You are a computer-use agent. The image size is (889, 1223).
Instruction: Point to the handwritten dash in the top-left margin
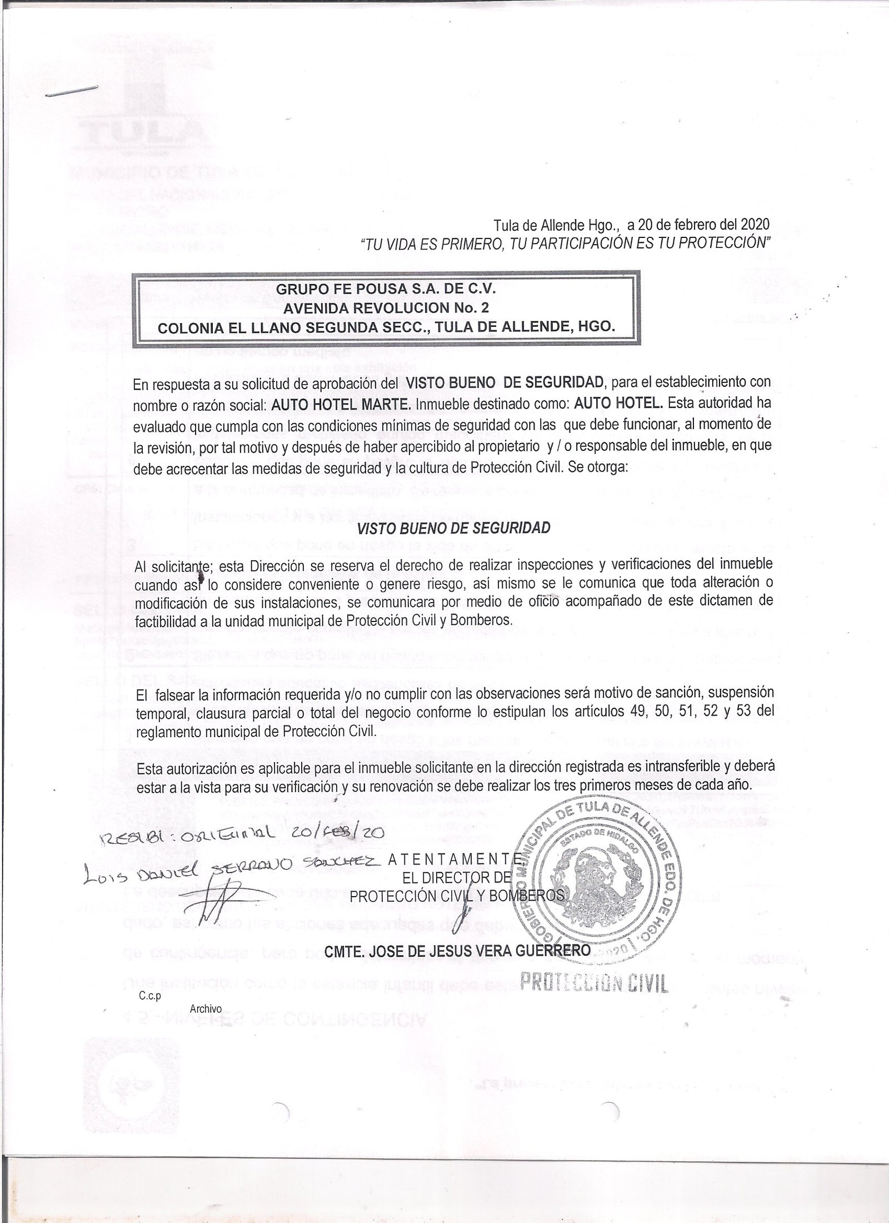[72, 92]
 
